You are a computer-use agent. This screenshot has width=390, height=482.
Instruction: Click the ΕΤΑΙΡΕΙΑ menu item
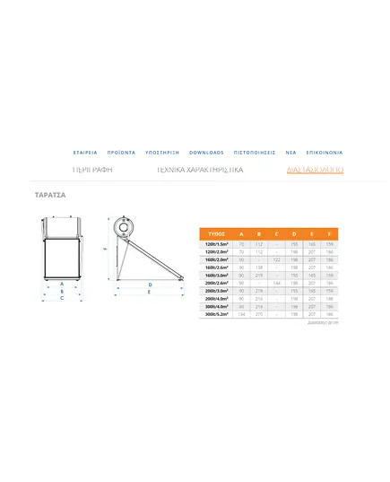(x=85, y=153)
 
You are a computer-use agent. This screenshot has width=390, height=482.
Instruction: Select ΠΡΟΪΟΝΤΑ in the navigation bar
(x=120, y=153)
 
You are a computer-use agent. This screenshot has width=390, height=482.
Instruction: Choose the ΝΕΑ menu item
(x=290, y=153)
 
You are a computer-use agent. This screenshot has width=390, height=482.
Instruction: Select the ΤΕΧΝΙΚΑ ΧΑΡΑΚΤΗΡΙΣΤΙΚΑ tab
(x=200, y=169)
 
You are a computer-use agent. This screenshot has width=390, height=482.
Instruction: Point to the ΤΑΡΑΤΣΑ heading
(x=50, y=194)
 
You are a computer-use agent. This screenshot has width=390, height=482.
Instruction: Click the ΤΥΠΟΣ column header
(x=215, y=232)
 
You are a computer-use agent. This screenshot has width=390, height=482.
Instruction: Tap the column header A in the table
(x=241, y=232)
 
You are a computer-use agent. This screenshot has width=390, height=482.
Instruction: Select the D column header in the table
(x=293, y=232)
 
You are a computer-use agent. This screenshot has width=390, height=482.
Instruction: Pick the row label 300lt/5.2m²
(x=217, y=314)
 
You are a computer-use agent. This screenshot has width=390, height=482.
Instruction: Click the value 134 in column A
(x=241, y=314)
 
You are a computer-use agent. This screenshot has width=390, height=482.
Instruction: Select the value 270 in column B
(x=258, y=314)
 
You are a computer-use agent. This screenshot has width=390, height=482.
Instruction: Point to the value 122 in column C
(x=276, y=259)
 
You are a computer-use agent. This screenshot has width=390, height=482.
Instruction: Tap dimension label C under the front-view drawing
(x=61, y=298)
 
